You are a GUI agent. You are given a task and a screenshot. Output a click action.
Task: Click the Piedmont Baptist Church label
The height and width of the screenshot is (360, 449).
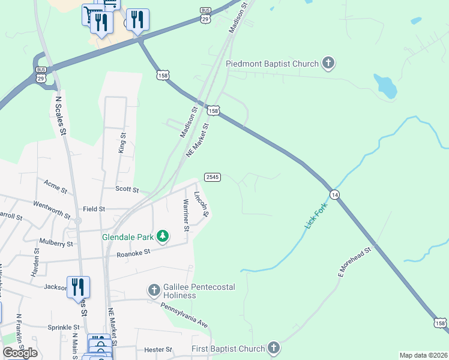pos(272,63)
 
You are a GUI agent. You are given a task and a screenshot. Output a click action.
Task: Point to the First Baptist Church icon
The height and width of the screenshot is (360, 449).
pos(274,348)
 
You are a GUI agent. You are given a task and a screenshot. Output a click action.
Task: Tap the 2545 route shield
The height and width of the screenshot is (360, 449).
pos(212,177)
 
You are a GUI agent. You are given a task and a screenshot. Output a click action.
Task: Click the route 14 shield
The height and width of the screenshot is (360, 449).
pos(334,194)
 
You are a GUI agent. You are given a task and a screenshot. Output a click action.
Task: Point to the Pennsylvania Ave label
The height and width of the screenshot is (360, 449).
pos(184,314)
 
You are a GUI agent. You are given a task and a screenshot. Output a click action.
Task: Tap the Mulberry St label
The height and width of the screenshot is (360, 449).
pos(56,244)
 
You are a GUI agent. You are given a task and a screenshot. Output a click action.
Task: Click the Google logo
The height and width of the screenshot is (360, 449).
pos(20,352)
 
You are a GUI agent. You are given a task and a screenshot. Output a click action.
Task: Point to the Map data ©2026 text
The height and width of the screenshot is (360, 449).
pos(423,355)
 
